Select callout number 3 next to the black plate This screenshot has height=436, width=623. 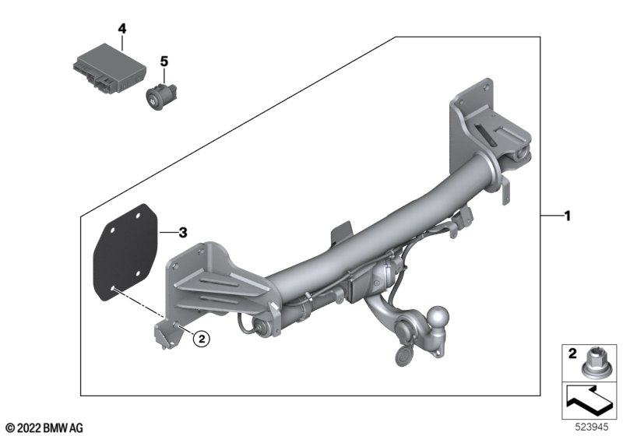click(x=182, y=232)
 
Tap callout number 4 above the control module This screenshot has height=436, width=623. click(x=121, y=28)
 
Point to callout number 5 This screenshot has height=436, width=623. click(x=164, y=60)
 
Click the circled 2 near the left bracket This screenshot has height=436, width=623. click(x=200, y=338)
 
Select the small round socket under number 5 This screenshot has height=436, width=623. click(x=160, y=97)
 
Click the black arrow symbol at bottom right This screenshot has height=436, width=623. click(x=588, y=405)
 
